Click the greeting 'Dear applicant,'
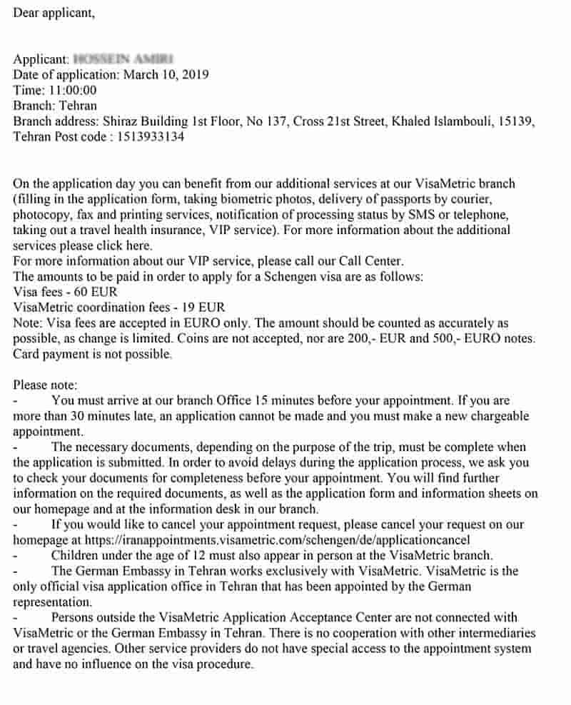54,13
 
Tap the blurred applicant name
124,59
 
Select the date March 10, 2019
166,74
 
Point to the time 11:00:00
72,90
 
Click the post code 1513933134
149,136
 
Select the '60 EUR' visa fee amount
94,292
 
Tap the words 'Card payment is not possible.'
93,354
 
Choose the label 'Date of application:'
67,74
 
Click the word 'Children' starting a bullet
76,555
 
